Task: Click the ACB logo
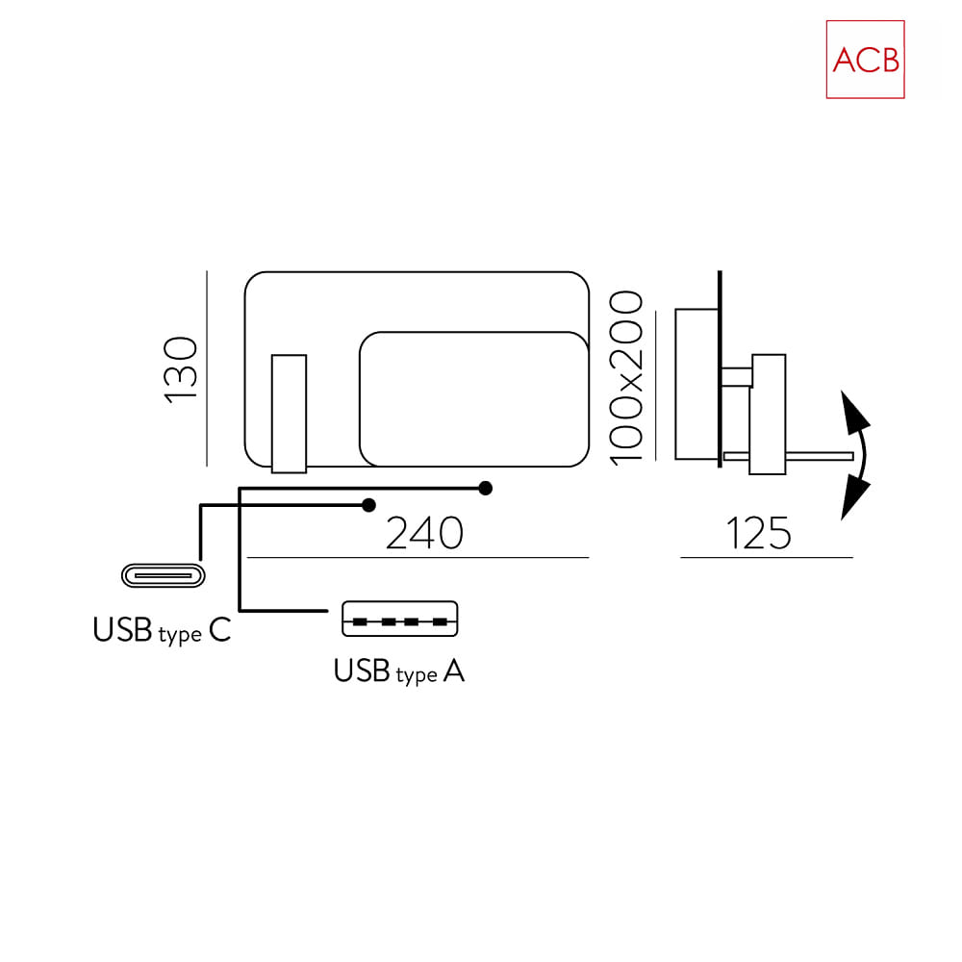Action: pos(865,60)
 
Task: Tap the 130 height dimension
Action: pos(181,370)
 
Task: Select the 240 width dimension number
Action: pos(424,533)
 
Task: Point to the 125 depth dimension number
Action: pos(759,533)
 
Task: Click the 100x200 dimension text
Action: pos(626,378)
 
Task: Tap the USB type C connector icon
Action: pos(164,575)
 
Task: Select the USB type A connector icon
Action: pos(399,619)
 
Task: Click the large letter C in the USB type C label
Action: pos(219,630)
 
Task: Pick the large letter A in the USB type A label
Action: pos(454,671)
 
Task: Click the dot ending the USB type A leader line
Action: pos(485,489)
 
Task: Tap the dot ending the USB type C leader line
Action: pos(368,505)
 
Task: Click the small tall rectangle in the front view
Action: pos(289,414)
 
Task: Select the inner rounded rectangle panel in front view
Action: pos(474,399)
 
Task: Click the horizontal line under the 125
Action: pos(767,558)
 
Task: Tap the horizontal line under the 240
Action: pos(418,558)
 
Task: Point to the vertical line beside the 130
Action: pos(207,368)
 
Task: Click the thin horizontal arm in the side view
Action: pos(789,456)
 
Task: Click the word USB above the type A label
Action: pos(362,671)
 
